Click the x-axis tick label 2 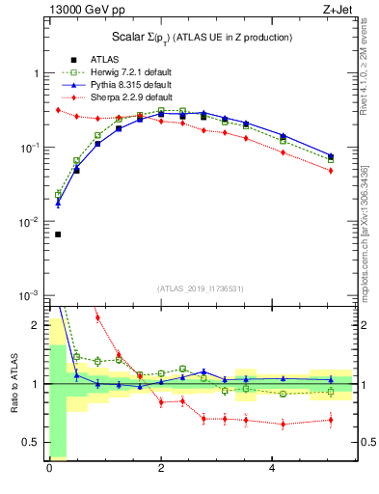(x=161, y=469)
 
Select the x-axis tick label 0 (x=49, y=469)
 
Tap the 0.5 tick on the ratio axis (x=30, y=442)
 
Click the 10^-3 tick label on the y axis (x=28, y=295)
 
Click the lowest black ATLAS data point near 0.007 (x=57, y=234)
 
